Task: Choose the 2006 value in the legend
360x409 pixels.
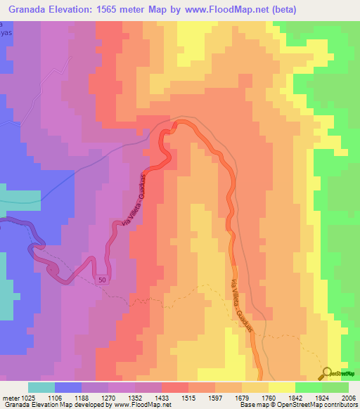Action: (x=347, y=397)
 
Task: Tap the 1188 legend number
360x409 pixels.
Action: (x=94, y=397)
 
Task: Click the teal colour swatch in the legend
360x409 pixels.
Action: (x=41, y=387)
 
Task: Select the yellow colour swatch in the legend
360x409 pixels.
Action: (x=281, y=387)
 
